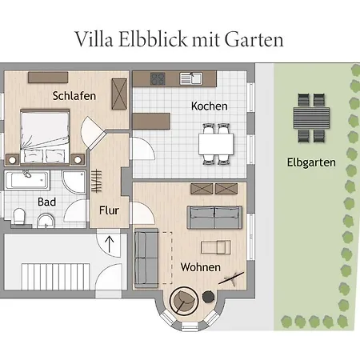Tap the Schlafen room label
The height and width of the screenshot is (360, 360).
[x=74, y=96]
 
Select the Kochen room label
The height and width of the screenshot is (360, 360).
[x=209, y=106]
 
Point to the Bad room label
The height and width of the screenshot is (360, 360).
[x=46, y=202]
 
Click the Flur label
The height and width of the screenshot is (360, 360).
[x=110, y=211]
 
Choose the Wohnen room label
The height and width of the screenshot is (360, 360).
[x=200, y=267]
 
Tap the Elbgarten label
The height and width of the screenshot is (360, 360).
[x=310, y=162]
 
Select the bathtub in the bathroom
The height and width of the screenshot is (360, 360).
[x=32, y=180]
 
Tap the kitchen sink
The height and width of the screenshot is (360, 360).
[x=193, y=78]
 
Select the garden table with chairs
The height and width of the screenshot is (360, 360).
[x=310, y=118]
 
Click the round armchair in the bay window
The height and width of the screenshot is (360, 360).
[x=185, y=301]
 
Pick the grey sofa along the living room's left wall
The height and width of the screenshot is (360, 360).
[x=146, y=258]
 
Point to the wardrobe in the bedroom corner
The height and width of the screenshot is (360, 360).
[x=120, y=93]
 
